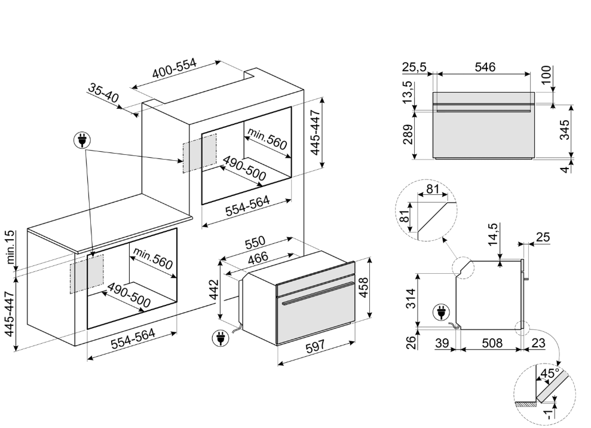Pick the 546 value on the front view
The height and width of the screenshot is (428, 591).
click(485, 68)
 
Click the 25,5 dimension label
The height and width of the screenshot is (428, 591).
click(414, 68)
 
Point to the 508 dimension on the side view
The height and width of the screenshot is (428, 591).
click(491, 343)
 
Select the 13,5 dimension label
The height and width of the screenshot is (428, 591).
click(408, 93)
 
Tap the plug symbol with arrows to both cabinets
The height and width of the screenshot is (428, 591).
click(80, 141)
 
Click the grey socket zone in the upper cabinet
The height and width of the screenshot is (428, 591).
click(200, 153)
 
